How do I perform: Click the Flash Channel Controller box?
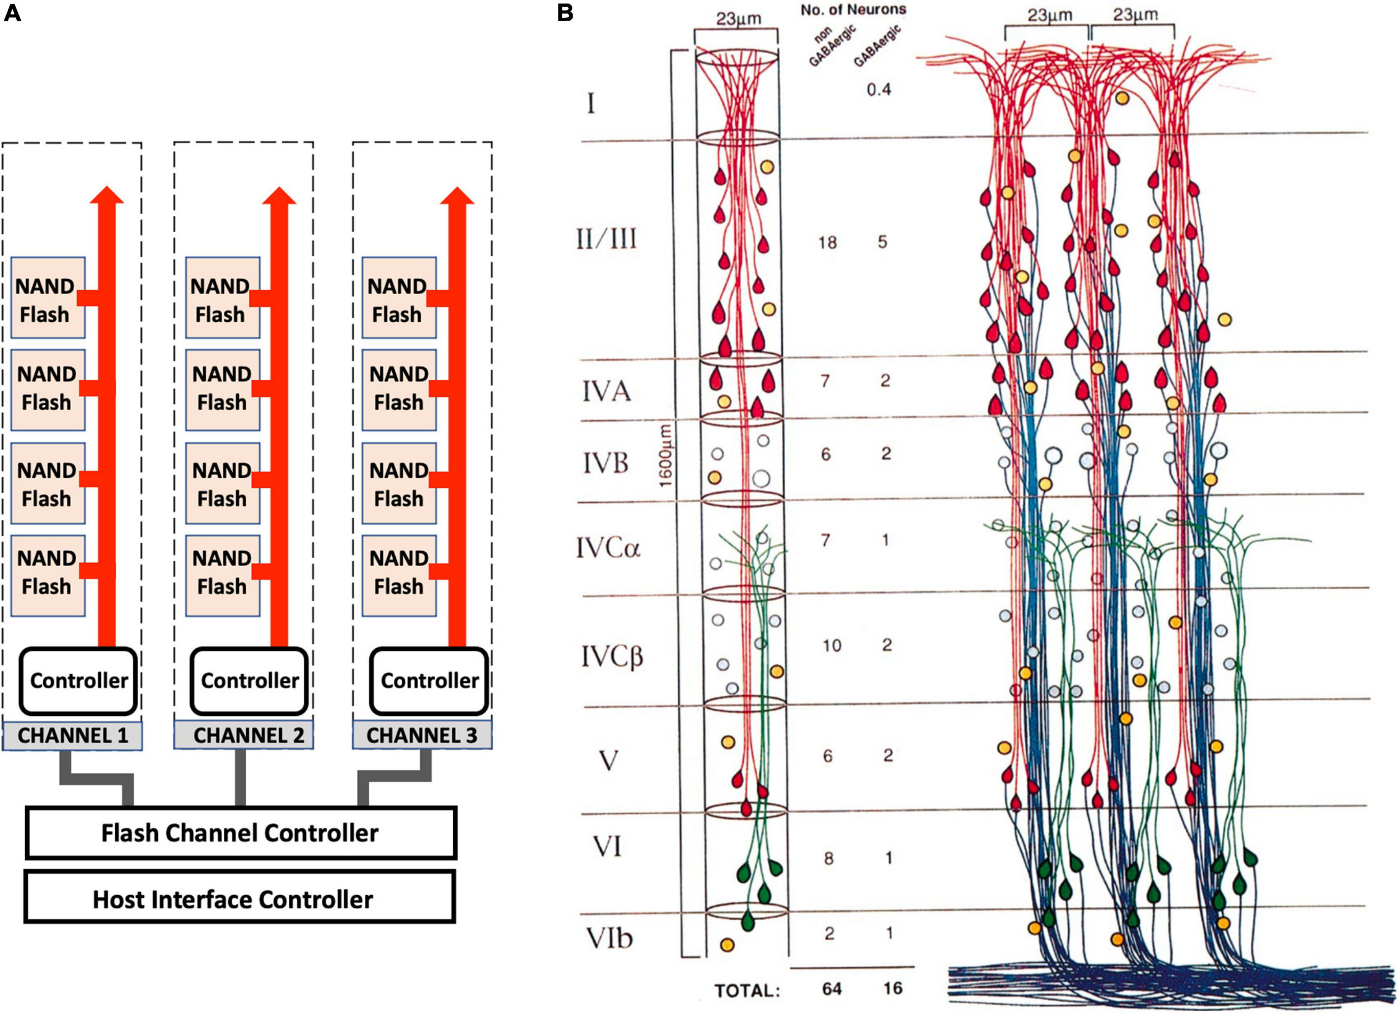click(x=241, y=832)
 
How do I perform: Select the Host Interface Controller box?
click(x=240, y=899)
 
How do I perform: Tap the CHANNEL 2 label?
click(x=248, y=735)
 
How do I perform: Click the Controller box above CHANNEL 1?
click(x=78, y=680)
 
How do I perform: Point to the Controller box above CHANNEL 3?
click(x=429, y=680)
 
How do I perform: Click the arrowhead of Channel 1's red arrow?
click(x=107, y=195)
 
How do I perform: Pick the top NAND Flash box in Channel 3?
click(x=398, y=298)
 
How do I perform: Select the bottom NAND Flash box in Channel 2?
click(x=222, y=575)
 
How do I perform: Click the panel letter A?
click(x=12, y=13)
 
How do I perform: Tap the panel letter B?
click(x=565, y=13)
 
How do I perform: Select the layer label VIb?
click(x=609, y=938)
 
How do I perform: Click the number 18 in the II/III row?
click(x=827, y=242)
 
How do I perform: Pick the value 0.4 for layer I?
click(x=879, y=89)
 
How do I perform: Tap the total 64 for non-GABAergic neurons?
click(x=832, y=990)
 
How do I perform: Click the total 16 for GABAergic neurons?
click(x=892, y=989)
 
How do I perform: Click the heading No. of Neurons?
click(x=853, y=10)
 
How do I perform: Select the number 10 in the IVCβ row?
click(x=832, y=646)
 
